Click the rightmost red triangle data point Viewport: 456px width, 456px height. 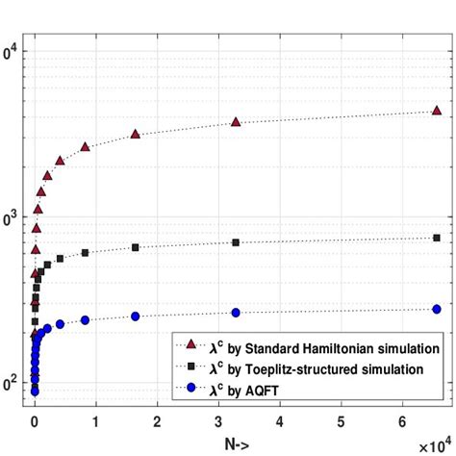pyautogui.click(x=437, y=112)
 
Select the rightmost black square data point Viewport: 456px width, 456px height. pyautogui.click(x=437, y=238)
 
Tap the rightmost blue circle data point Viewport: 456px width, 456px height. pyautogui.click(x=437, y=309)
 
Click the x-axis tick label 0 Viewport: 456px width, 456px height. pyautogui.click(x=36, y=420)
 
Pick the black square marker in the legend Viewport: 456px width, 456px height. pyautogui.click(x=190, y=367)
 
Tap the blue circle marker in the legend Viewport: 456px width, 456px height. pyautogui.click(x=190, y=388)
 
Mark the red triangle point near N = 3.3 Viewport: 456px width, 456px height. pyautogui.click(x=236, y=122)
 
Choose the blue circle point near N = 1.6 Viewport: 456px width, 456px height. pyautogui.click(x=136, y=317)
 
